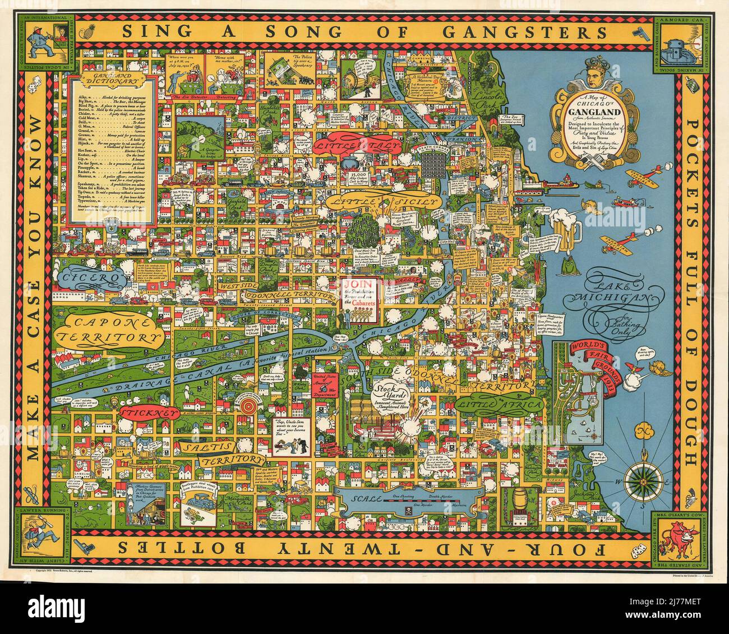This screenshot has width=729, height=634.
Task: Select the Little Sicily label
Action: [382, 202]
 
